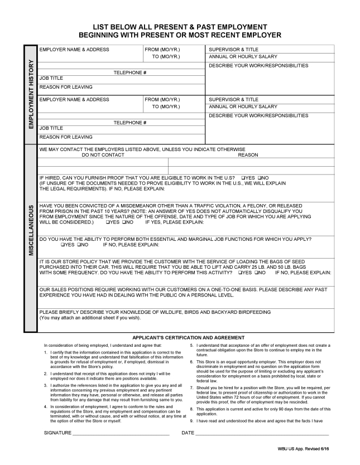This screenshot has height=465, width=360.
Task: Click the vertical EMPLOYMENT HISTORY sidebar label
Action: (x=32, y=94)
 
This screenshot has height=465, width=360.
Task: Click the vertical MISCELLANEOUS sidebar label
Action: (x=32, y=238)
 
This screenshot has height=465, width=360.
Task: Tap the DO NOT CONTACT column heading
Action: (x=103, y=155)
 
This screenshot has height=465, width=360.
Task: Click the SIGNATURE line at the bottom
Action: (x=121, y=433)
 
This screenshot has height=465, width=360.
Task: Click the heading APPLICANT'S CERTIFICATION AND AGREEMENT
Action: (x=188, y=337)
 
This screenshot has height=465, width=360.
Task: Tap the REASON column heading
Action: (x=248, y=155)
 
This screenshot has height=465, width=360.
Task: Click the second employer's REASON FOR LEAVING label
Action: (x=66, y=137)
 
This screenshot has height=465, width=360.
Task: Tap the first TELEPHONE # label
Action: (x=130, y=72)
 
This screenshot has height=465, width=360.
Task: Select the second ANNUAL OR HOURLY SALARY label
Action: (x=243, y=106)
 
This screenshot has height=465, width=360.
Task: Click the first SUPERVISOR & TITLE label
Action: (x=233, y=50)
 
